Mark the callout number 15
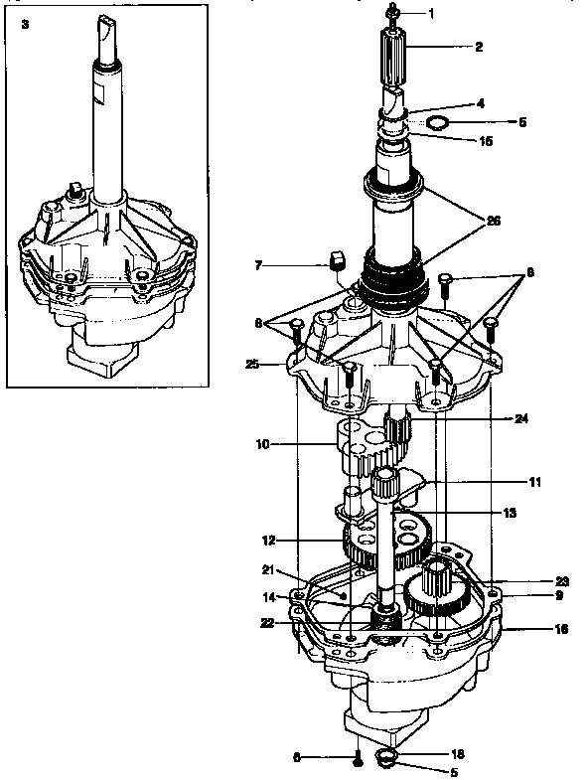pos(485,141)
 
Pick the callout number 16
pos(534,628)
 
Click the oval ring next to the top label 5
pos(437,124)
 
